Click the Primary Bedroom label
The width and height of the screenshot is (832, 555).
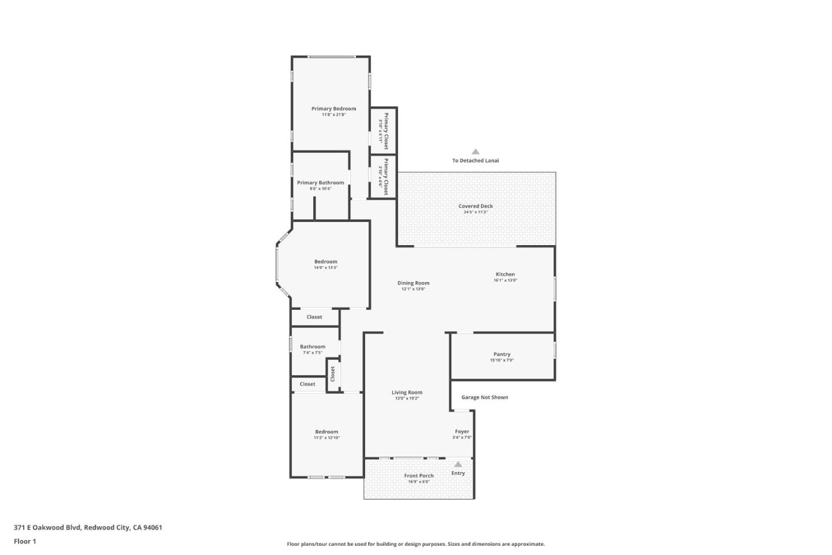[333, 109]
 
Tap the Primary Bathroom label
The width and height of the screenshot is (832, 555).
[320, 183]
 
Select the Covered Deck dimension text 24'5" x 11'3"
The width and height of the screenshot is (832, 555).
[476, 212]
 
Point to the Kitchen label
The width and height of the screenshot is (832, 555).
[505, 275]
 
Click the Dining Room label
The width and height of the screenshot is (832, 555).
[413, 283]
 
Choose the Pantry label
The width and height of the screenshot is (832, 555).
[502, 354]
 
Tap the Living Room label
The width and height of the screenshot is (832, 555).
[407, 393]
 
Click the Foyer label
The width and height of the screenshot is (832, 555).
[462, 432]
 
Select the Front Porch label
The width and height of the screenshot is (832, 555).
[418, 476]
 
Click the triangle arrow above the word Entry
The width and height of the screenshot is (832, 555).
[458, 464]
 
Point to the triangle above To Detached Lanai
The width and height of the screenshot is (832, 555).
[476, 152]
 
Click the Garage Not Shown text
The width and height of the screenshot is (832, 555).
[485, 397]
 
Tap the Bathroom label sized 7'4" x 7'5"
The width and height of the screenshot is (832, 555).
[312, 347]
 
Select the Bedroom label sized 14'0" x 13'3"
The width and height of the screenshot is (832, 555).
[325, 262]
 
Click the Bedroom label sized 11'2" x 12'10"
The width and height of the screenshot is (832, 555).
[326, 432]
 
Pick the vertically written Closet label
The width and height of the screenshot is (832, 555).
[333, 374]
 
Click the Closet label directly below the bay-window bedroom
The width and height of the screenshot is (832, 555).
[314, 317]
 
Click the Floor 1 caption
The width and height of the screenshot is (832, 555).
[25, 541]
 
